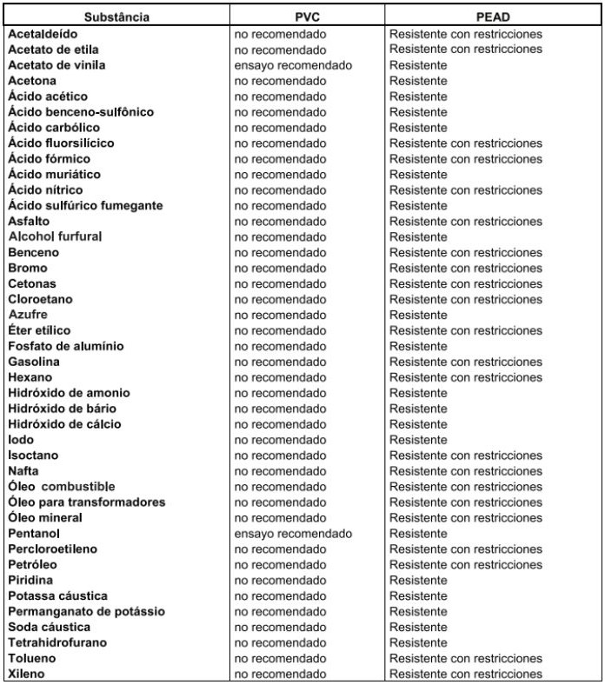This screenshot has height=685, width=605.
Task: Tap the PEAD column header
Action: (x=493, y=17)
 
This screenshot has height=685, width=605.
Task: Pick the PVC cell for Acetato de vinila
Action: (x=293, y=64)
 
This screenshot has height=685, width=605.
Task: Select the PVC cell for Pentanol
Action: (x=293, y=533)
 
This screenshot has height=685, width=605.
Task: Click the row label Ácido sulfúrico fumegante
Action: (x=86, y=205)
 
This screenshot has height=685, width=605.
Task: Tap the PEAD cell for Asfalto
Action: (x=465, y=221)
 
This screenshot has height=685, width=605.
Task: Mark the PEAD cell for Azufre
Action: (x=418, y=315)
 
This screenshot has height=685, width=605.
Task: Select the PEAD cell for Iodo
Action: (x=418, y=440)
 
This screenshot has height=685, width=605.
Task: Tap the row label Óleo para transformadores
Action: (x=86, y=502)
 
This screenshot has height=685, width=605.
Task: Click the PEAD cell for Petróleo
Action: (x=465, y=564)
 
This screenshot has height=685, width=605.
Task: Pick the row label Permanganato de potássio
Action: (x=86, y=611)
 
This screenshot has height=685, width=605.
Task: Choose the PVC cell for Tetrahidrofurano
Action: (x=281, y=642)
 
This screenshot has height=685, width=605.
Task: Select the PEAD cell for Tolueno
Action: (x=465, y=658)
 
